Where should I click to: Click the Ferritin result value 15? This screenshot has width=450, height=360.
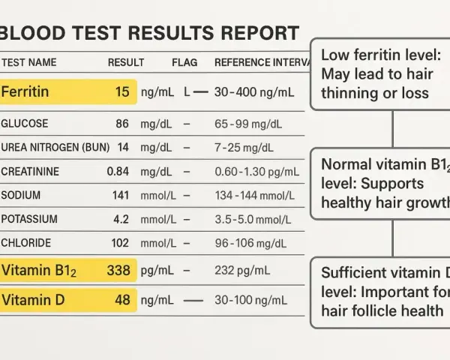coord(122,91)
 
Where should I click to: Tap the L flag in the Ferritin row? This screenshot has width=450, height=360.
coord(187,92)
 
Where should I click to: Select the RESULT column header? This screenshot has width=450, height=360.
coord(126,62)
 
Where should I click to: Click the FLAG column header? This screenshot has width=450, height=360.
coord(184,62)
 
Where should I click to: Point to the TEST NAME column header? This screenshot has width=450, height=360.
coord(29,62)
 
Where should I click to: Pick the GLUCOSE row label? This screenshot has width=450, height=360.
coord(25,124)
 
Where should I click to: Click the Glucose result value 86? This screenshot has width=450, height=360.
coord(122,124)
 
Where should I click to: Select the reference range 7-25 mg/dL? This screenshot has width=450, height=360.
coord(244,148)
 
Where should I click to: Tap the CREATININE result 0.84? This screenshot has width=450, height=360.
coord(118,172)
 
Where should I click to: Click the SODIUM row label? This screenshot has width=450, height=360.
coord(21,195)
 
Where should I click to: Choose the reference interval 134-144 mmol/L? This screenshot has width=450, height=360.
coord(255,196)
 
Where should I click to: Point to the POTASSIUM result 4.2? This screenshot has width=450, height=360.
coord(121,219)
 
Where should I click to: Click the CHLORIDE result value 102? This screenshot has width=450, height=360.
coord(120,243)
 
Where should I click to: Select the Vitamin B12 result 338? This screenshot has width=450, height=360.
coord(118,270)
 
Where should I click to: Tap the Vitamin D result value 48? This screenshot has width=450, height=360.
coord(122,300)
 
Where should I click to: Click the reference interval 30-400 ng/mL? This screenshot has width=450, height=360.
coord(254,92)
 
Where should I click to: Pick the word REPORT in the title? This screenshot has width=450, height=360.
coord(260,33)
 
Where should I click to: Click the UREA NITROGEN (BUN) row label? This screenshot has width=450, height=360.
coord(55,147)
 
